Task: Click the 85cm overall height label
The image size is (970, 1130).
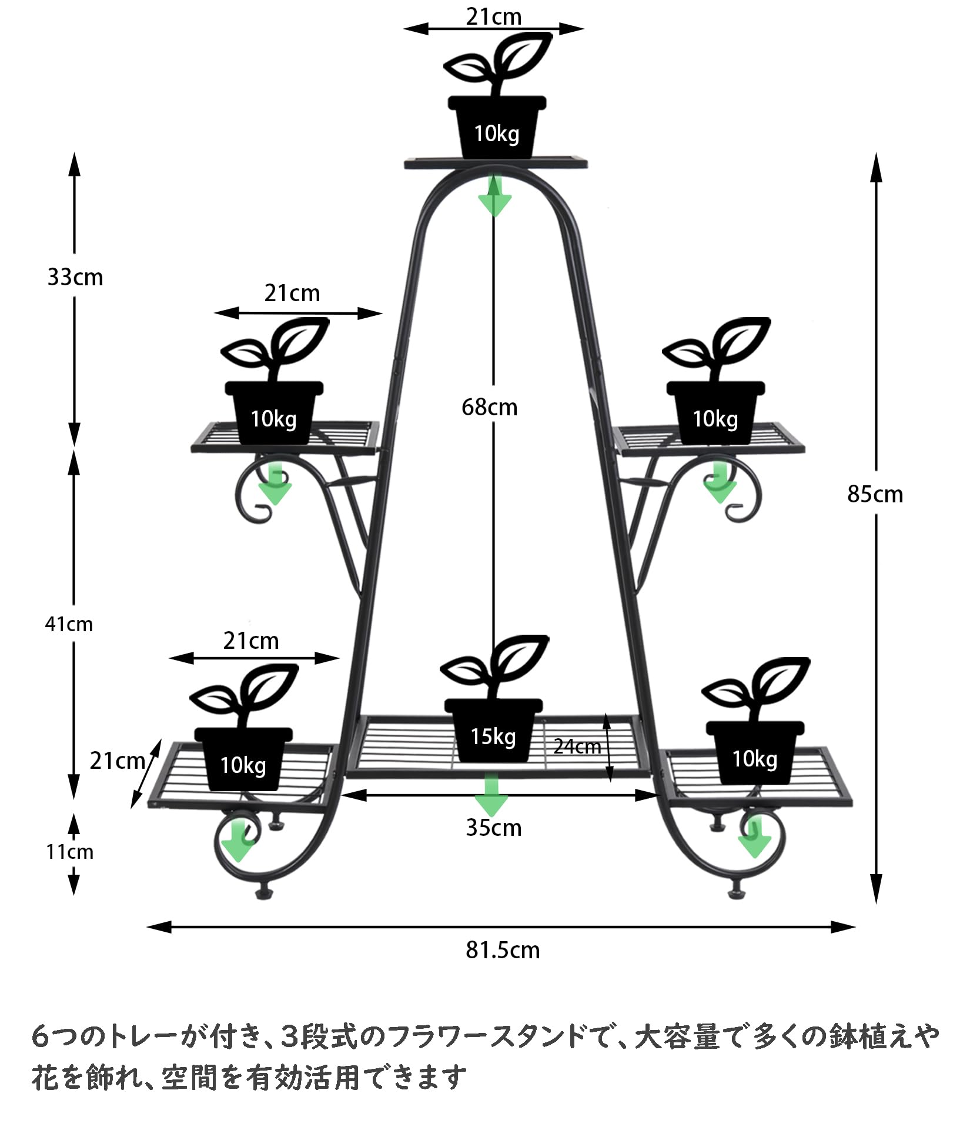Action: pos(875,495)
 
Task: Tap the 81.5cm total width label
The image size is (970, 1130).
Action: pos(502,951)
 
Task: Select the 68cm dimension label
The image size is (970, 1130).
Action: pos(489,408)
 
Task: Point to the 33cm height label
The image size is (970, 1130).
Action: pos(75,277)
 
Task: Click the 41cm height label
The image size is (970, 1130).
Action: pos(69,624)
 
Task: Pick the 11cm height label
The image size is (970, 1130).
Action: pos(69,852)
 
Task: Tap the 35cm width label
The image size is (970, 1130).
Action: pos(493,828)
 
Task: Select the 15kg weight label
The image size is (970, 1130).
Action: pos(493,736)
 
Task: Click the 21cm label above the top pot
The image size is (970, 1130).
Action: pos(494,17)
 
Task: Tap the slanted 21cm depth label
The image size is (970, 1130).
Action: pos(117,761)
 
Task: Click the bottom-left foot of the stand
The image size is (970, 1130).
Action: pos(262,895)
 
